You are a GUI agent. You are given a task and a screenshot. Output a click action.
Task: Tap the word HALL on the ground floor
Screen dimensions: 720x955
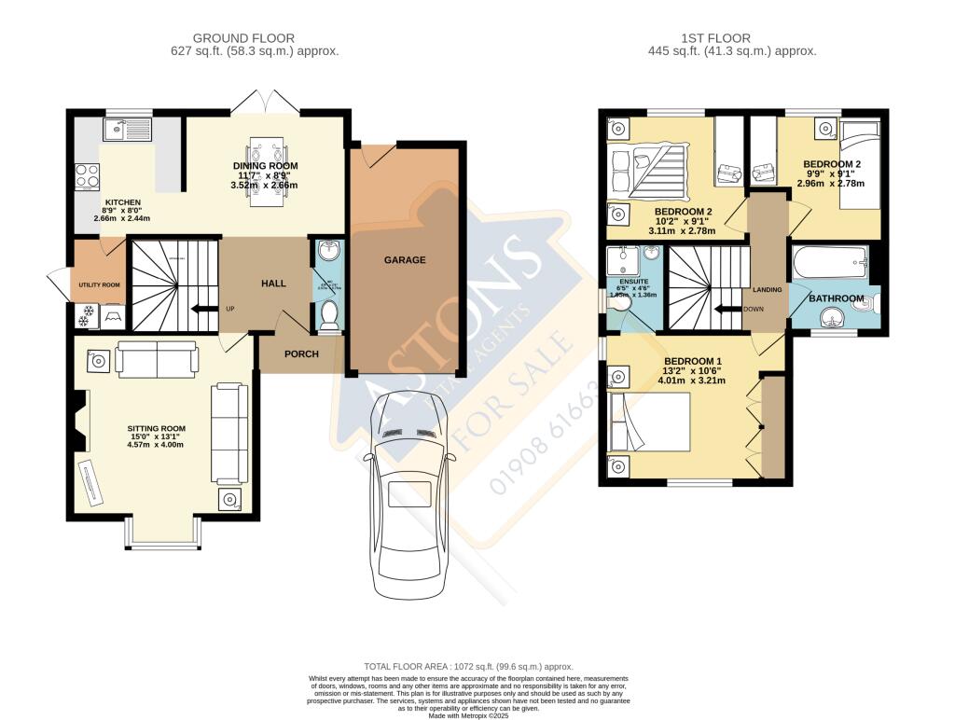[x=273, y=284]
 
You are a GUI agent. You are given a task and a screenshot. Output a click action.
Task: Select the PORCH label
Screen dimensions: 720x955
[x=301, y=354]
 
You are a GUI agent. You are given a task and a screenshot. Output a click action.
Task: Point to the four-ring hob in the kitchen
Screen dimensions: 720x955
[x=88, y=175]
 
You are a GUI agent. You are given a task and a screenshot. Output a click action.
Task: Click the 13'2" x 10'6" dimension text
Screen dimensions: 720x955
[x=693, y=372]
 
